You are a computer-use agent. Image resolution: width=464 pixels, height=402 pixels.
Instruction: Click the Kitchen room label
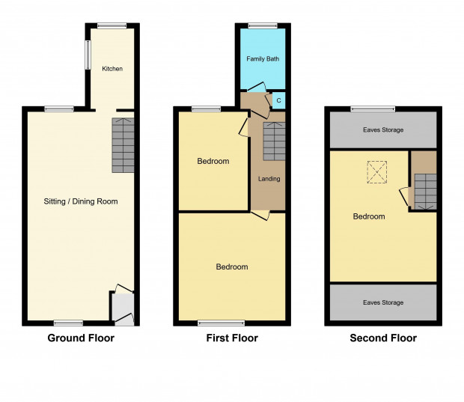(x=112, y=69)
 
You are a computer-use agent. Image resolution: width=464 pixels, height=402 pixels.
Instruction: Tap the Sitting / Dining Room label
(x=81, y=201)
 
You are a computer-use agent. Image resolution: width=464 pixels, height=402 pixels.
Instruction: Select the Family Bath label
(x=263, y=59)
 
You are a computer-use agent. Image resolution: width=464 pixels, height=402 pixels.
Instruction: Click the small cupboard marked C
(x=278, y=100)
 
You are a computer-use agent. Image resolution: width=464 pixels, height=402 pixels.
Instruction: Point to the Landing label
(x=269, y=179)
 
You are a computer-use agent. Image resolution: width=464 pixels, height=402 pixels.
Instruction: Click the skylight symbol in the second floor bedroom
(x=377, y=172)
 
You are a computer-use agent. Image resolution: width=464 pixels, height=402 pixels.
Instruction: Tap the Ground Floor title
(x=81, y=338)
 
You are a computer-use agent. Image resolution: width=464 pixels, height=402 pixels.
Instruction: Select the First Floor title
(x=232, y=338)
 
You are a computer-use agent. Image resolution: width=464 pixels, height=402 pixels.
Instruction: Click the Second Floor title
(x=383, y=338)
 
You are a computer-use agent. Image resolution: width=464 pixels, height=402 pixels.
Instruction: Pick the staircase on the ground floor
(x=123, y=145)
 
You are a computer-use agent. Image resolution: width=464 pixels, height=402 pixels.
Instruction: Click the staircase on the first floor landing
(x=275, y=141)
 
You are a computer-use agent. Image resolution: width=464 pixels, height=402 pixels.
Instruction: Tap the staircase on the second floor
(x=426, y=192)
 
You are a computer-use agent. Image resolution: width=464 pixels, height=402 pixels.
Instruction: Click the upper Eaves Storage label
(x=383, y=130)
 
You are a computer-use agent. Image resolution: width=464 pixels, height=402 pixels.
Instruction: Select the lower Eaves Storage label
(x=383, y=302)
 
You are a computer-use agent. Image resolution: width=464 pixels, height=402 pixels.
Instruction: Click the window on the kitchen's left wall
(x=88, y=55)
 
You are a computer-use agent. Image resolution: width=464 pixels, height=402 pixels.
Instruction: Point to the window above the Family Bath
(x=263, y=25)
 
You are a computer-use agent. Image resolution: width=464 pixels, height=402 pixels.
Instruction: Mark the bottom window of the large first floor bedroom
(x=222, y=323)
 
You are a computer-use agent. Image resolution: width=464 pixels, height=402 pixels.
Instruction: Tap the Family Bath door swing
(x=257, y=87)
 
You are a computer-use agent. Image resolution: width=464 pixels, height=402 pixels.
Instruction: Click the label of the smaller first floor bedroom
(x=213, y=161)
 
